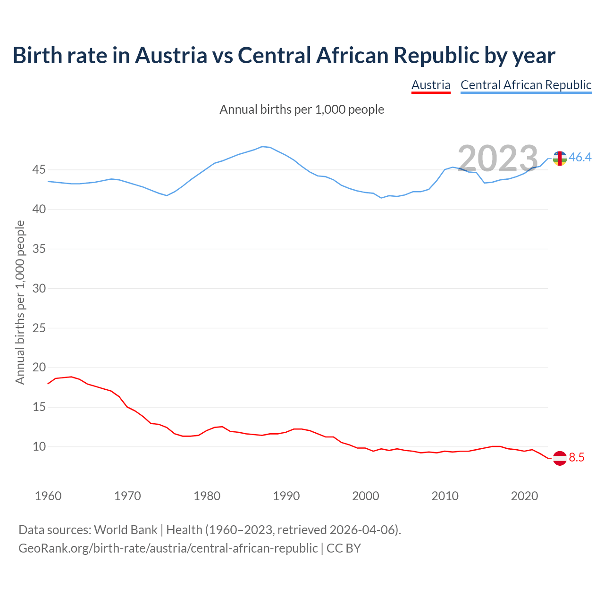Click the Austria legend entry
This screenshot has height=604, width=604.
(431, 85)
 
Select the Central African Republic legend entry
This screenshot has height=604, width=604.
(526, 85)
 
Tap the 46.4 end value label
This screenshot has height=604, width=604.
(580, 157)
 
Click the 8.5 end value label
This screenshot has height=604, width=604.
(577, 457)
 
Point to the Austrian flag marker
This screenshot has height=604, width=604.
(560, 458)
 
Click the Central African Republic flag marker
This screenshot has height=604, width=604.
(560, 158)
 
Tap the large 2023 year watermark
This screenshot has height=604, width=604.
(498, 158)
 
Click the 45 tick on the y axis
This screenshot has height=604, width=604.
(39, 169)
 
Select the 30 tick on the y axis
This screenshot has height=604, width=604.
(39, 288)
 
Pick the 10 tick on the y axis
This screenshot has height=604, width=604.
(39, 446)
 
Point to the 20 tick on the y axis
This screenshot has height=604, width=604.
(39, 367)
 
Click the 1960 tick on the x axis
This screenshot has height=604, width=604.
(48, 496)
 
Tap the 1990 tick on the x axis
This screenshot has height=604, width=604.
(286, 496)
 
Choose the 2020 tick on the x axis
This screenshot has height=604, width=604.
(525, 496)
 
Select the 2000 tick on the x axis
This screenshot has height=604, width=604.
(366, 496)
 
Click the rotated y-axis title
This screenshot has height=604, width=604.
(20, 302)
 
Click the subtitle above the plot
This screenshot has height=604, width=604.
(302, 109)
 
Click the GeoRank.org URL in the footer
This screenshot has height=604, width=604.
(168, 548)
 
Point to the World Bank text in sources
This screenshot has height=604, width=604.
(126, 529)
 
